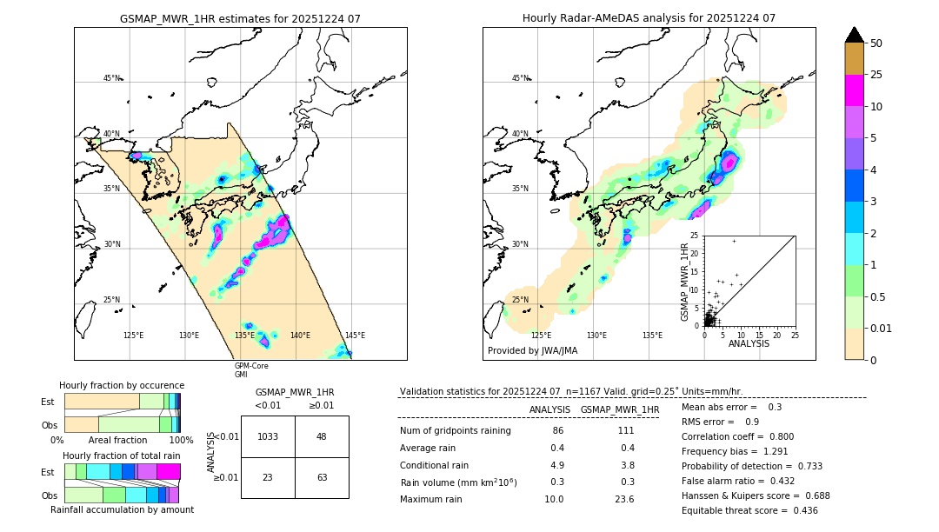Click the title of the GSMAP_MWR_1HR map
[x=240, y=18]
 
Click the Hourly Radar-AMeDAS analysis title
[x=649, y=18]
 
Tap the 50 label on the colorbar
[x=876, y=43]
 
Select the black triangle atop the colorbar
[x=855, y=35]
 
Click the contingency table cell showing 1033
[x=268, y=436]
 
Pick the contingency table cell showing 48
[x=322, y=436]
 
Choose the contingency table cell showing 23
[x=268, y=477]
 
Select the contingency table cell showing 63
[x=322, y=477]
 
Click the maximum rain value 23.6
[x=624, y=499]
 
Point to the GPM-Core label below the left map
[x=251, y=366]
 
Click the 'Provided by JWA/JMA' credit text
[x=532, y=351]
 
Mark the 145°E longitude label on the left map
[x=355, y=336]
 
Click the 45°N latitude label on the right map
[x=520, y=78]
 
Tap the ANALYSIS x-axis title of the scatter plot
[x=749, y=344]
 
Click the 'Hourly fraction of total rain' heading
[x=122, y=456]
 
